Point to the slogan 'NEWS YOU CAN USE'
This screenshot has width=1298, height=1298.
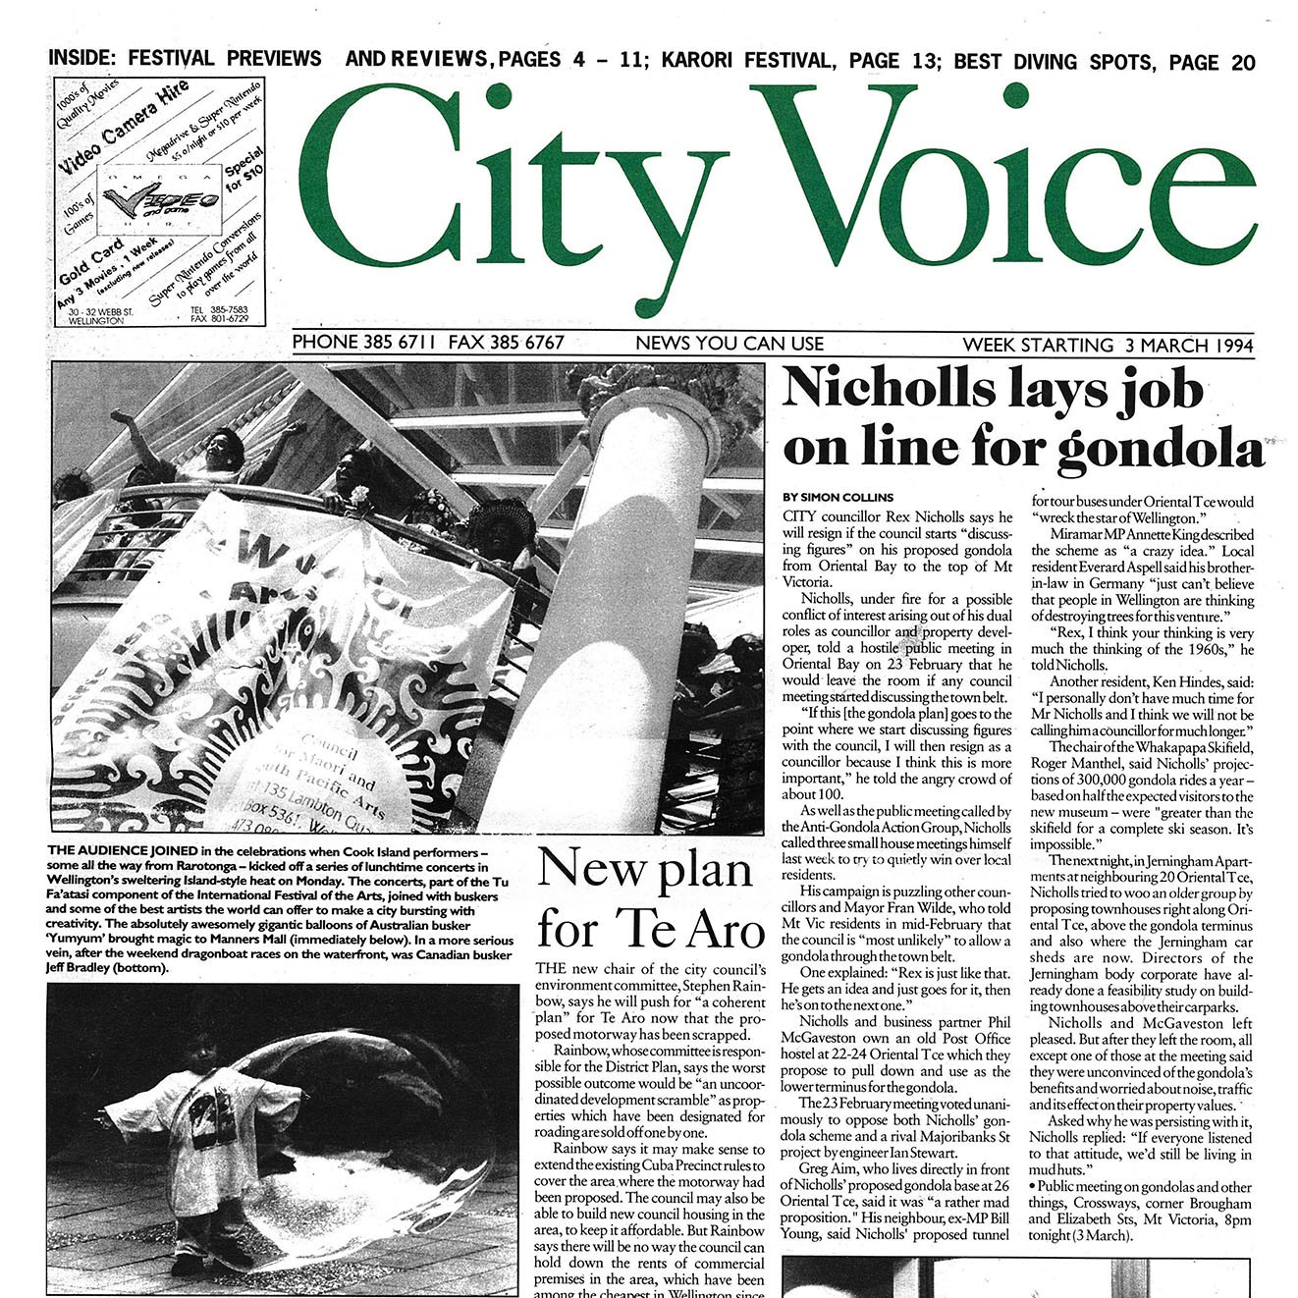[x=730, y=344]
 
